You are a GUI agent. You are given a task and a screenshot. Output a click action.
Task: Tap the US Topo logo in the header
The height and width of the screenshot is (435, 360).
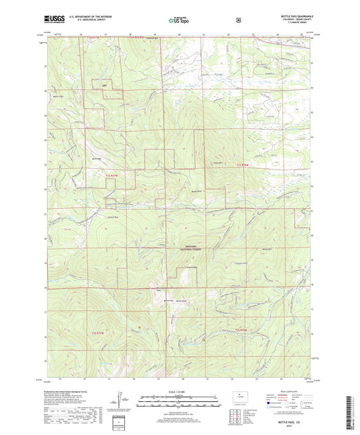[179, 21]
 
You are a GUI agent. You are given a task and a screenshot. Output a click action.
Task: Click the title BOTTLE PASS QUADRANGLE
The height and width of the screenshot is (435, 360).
[291, 15]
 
